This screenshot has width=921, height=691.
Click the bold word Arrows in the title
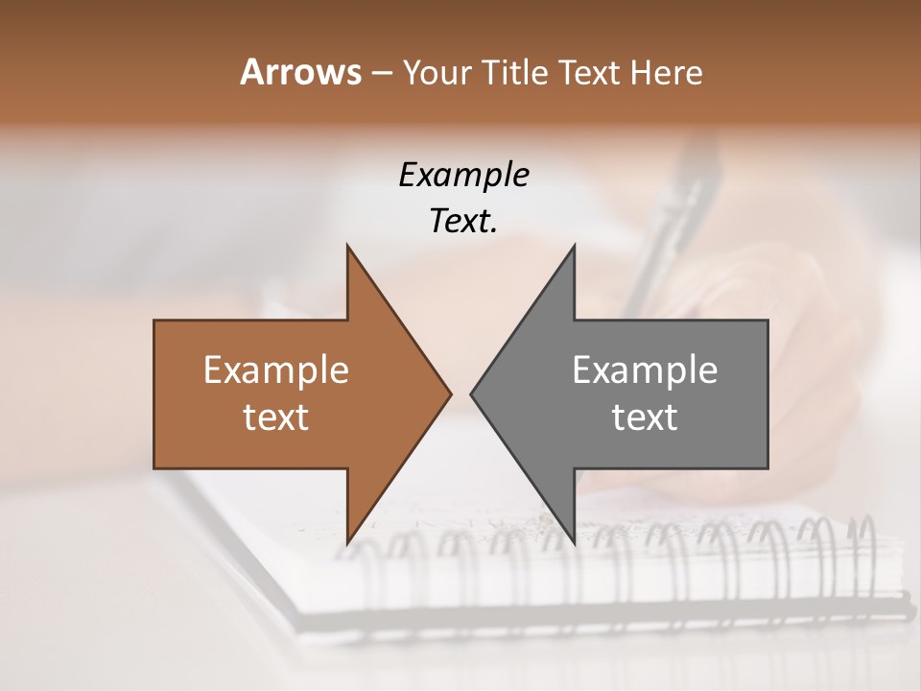299,72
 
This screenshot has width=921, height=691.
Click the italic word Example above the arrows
463,175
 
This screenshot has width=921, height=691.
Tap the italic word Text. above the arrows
463,221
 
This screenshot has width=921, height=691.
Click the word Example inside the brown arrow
275,369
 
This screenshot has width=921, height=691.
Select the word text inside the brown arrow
275,417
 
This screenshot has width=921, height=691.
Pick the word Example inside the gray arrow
645,369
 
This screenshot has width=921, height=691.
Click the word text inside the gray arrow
645,417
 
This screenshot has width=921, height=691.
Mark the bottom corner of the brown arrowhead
347,542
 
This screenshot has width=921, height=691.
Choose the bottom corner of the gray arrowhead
574,542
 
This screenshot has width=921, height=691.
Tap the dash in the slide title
381,73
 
